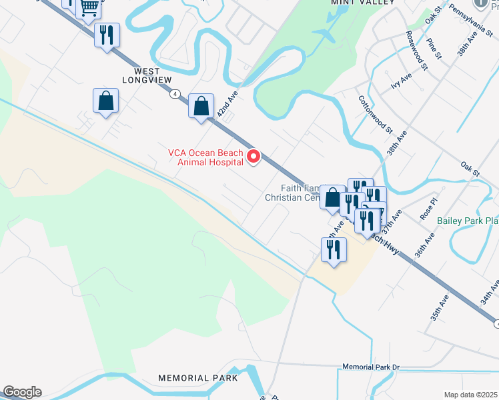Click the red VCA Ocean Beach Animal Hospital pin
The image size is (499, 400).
(254, 157)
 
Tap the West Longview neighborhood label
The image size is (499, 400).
(141, 75)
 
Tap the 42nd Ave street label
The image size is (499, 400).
(227, 105)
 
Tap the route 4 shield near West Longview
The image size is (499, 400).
(173, 94)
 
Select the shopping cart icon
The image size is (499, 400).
(89, 7)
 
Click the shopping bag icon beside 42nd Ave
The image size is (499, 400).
(201, 105)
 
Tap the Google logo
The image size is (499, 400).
(21, 392)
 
